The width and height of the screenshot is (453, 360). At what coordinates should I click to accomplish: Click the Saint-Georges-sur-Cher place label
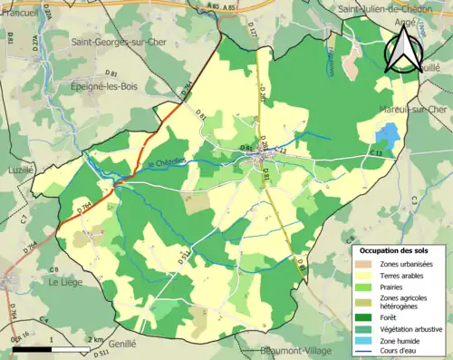(x=120, y=42)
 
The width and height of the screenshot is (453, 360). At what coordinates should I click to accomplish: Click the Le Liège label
(x=64, y=282)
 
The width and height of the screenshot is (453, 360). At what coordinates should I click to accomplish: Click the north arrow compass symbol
(x=404, y=50)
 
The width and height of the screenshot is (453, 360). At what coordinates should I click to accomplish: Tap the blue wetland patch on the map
(x=388, y=136)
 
